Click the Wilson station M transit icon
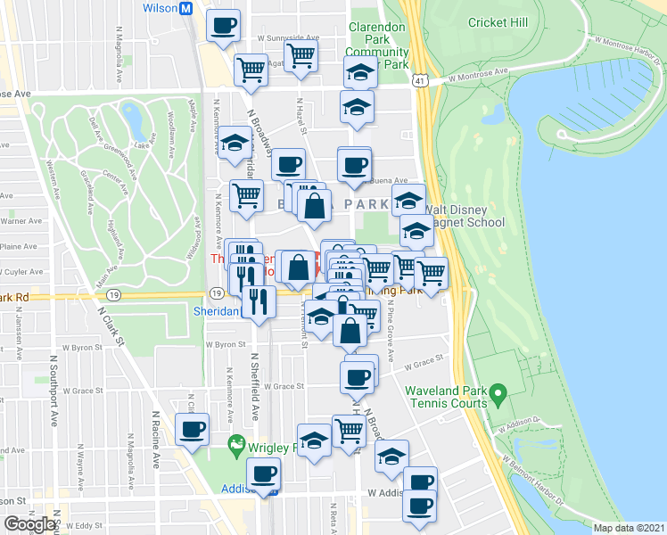click(186, 8)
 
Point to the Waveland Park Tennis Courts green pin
click(498, 391)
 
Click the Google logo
click(29, 524)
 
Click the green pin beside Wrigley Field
click(236, 443)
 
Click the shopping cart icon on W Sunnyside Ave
click(301, 54)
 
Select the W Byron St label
click(225, 343)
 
